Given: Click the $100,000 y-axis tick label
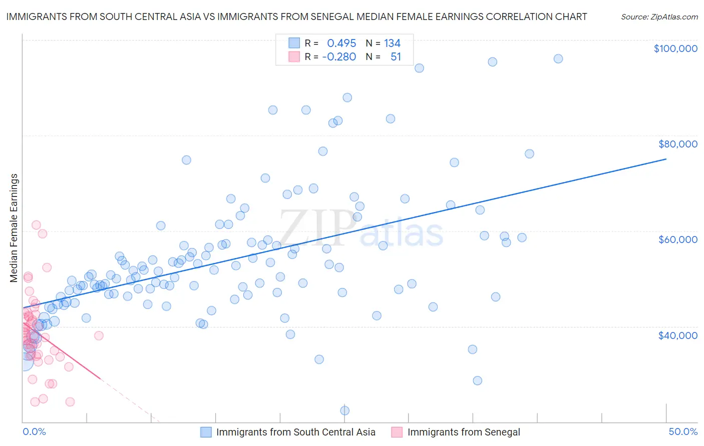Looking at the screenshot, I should (x=675, y=48).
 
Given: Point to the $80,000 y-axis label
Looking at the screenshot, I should (x=678, y=144).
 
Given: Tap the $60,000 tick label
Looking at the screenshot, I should (x=678, y=239).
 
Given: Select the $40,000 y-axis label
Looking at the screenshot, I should (x=678, y=335).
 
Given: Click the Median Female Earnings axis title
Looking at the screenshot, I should (x=14, y=228).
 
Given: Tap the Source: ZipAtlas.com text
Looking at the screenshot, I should (x=659, y=17).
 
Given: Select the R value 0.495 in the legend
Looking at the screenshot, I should (x=341, y=43).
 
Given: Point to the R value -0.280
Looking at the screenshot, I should (x=339, y=57).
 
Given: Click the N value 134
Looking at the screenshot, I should (x=392, y=43).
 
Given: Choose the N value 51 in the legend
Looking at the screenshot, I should (x=396, y=57).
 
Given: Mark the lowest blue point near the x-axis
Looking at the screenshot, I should (x=345, y=410).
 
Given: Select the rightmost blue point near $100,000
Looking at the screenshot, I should (x=558, y=59).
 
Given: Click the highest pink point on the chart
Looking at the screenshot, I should (x=36, y=225).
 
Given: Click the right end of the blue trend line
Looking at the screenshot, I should (x=666, y=159).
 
